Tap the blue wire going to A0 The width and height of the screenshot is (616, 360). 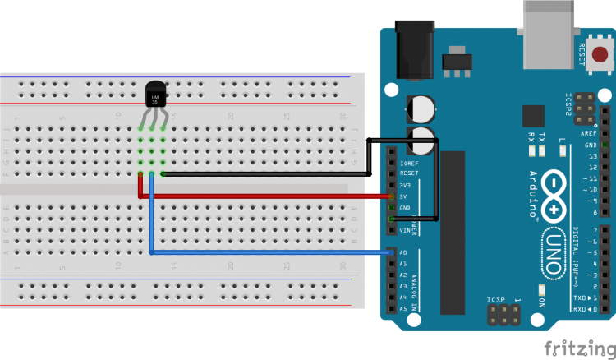point(271,252)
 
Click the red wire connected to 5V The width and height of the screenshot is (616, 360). point(271,196)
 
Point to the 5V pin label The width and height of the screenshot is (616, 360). point(403,196)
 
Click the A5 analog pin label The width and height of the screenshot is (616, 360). point(403,308)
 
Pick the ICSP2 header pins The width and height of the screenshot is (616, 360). point(584,106)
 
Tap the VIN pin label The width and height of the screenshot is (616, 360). point(403,231)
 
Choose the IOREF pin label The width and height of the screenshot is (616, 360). point(408,163)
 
